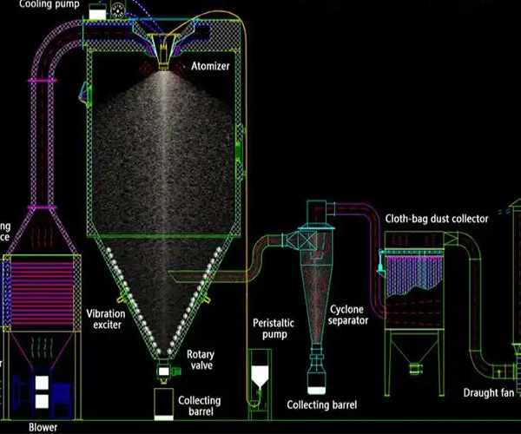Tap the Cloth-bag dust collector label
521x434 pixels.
437,219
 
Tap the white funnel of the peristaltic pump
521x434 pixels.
259,378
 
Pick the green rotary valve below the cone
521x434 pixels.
164,372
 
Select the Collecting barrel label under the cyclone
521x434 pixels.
321,405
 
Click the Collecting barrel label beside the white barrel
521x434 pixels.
200,406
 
